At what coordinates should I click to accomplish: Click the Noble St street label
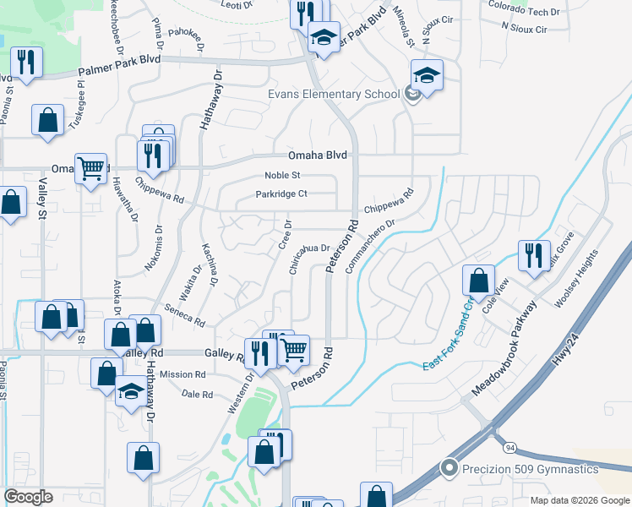tap(283, 176)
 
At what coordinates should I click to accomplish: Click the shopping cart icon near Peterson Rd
tap(293, 348)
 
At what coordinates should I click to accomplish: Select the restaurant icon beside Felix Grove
tap(533, 255)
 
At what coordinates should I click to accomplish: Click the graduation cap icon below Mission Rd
tap(131, 391)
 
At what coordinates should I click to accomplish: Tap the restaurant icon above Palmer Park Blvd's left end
tap(26, 62)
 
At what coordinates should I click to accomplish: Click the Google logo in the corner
tap(28, 497)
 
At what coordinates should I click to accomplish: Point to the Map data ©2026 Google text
tap(580, 500)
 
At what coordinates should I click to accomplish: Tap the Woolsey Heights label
tap(576, 278)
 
